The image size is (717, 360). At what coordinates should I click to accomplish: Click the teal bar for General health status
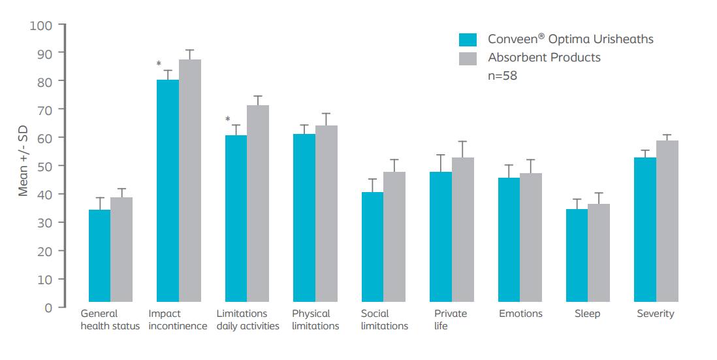99,258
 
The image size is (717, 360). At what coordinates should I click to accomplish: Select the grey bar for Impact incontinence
190,183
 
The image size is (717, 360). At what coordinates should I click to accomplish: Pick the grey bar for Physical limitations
327,216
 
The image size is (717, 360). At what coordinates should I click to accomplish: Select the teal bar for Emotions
509,242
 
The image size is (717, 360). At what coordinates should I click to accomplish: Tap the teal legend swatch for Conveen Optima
468,39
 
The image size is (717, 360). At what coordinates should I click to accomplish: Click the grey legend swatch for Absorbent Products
468,57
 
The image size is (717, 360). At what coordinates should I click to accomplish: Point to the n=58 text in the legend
503,76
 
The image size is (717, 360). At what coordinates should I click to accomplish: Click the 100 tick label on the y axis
40,25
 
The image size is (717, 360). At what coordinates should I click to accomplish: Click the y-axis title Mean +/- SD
23,166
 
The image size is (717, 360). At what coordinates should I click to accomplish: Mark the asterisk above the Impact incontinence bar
159,63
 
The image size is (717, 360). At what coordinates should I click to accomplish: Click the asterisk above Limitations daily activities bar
227,120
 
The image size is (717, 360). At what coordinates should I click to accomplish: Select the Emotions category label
520,314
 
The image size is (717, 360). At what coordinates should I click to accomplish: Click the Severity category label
656,314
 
